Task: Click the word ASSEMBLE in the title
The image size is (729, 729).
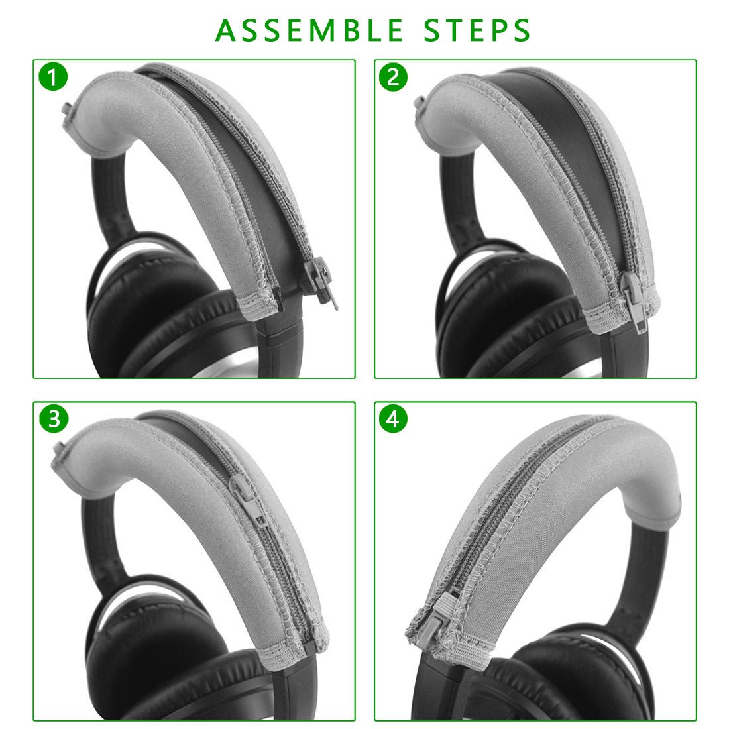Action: pos(309,30)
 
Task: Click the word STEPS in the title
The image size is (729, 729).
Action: pos(477,30)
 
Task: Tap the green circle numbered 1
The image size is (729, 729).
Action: pos(53,77)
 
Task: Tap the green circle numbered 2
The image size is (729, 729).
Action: pos(393,77)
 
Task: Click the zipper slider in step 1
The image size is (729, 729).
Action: pos(320,281)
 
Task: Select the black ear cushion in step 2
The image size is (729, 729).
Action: pos(502,316)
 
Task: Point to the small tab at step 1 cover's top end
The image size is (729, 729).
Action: pos(66,110)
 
